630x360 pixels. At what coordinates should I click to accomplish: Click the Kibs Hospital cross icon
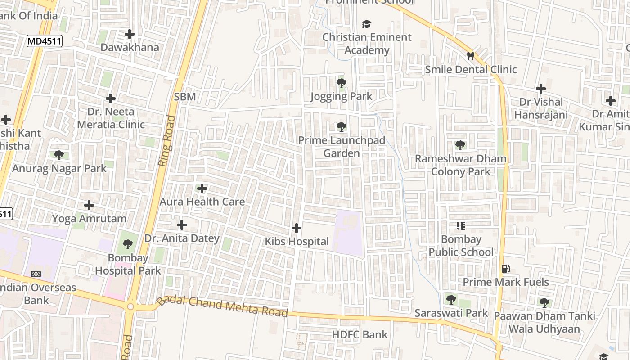point(297,228)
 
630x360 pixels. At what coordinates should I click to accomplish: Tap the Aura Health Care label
point(202,202)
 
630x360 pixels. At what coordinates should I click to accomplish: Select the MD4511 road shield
point(44,41)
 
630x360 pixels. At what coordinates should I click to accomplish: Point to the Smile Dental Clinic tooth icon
point(471,56)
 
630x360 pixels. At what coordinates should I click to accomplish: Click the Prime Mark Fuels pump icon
point(506,269)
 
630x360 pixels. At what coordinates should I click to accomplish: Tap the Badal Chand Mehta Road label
point(222,306)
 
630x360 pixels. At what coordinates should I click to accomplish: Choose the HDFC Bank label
point(360,334)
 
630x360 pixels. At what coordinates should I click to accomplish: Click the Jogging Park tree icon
point(342,83)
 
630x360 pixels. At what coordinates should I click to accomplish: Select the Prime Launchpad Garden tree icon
point(342,127)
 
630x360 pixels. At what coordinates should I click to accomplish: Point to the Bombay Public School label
point(461,246)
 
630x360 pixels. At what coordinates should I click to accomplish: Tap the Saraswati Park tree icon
point(451,299)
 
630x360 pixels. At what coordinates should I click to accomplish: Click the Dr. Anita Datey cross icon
point(182,225)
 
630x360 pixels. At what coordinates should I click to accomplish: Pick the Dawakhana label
point(130,47)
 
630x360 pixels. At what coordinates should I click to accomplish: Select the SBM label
point(185,97)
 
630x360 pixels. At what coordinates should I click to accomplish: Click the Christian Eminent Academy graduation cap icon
point(367,24)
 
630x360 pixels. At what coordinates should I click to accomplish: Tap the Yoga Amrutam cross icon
point(89,206)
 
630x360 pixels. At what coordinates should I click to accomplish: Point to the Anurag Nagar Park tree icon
point(59,155)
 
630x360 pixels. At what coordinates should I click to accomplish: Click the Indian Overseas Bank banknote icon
point(36,274)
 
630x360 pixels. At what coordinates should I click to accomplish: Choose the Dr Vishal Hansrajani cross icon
point(541,89)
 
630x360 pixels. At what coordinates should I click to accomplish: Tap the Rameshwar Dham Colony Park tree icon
point(460,145)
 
